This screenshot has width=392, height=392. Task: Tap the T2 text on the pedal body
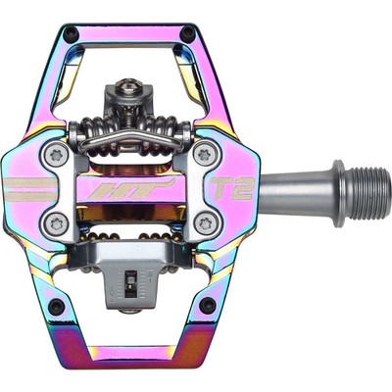tap(232, 188)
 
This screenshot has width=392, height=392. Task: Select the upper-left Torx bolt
tap(55, 155)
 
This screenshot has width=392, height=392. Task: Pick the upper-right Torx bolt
tap(204, 154)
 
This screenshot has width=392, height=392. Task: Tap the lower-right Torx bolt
tap(205, 223)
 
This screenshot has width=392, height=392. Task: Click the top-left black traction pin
tap(72, 33)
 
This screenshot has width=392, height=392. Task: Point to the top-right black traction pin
tap(188, 32)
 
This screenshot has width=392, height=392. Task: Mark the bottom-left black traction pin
tap(56, 306)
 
